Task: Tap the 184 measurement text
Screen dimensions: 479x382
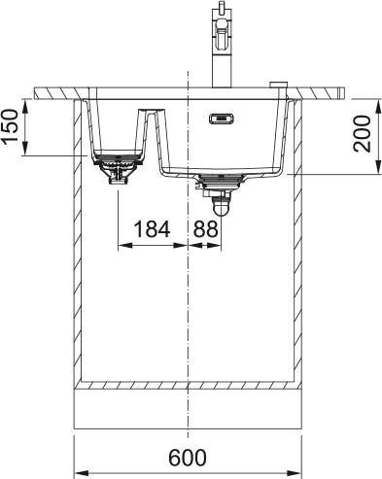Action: [151, 229]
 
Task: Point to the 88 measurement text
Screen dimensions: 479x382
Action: [205, 229]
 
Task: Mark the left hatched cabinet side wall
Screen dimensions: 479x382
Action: [78, 243]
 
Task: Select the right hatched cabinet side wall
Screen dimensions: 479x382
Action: [298, 243]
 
